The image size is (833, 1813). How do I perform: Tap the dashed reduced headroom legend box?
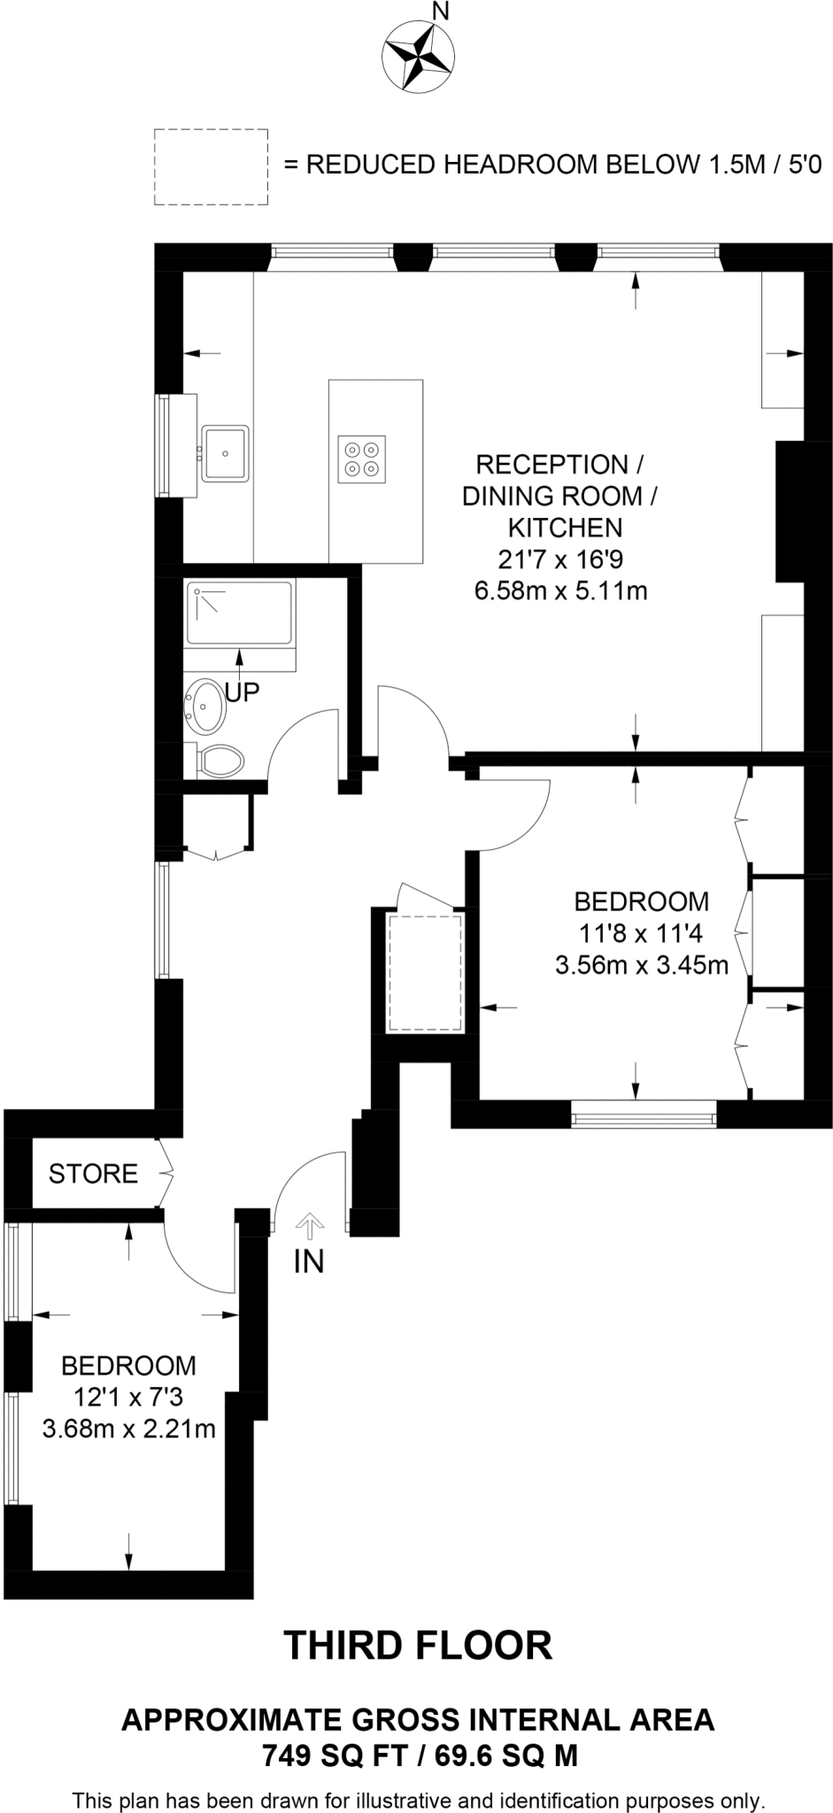(212, 166)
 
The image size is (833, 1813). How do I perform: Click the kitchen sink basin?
(227, 452)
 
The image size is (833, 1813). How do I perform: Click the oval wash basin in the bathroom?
(205, 706)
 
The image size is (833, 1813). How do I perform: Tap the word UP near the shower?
(242, 691)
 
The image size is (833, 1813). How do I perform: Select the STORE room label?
(93, 1174)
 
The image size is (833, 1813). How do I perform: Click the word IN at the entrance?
(309, 1261)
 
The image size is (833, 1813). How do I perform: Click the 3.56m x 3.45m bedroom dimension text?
(641, 964)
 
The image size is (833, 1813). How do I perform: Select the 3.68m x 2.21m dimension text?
(129, 1429)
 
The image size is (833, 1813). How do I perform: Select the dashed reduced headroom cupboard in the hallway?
(425, 973)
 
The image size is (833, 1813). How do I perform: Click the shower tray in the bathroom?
(239, 613)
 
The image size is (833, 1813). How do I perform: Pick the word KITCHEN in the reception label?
(565, 528)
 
